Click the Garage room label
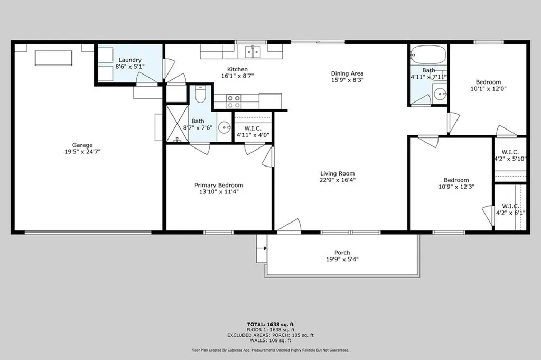click(82, 145)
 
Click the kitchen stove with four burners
click(234, 101)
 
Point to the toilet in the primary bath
click(200, 95)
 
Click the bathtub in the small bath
click(428, 54)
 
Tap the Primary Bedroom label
click(219, 185)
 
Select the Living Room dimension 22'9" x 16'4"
click(338, 180)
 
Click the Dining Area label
click(347, 73)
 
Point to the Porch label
click(342, 253)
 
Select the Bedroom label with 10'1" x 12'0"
click(488, 82)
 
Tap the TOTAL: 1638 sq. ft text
click(270, 324)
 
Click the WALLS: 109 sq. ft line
click(270, 341)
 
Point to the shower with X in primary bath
click(178, 124)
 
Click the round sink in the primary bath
click(225, 127)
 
